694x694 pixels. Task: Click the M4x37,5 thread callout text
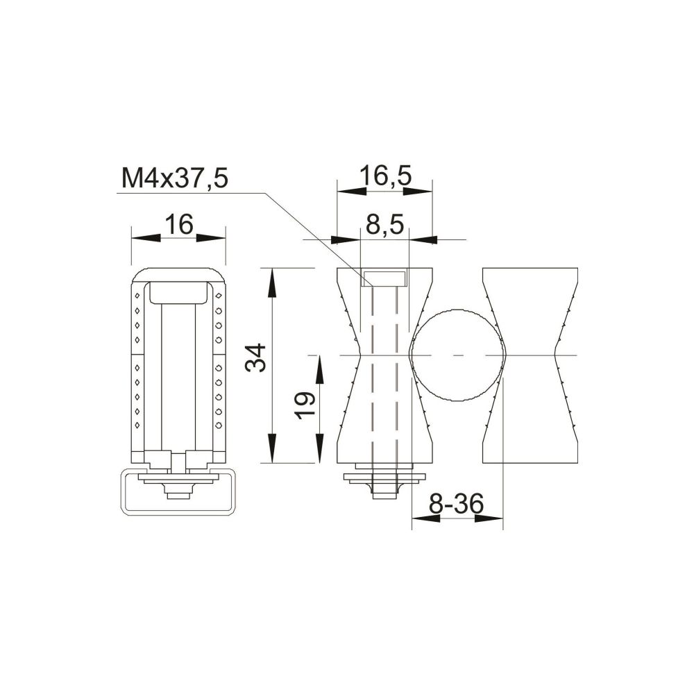tap(175, 178)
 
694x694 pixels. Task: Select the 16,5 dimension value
tap(385, 176)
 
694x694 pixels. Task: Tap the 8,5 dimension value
tap(384, 226)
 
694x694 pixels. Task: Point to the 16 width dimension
tap(179, 224)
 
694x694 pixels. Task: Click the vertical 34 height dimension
tap(256, 357)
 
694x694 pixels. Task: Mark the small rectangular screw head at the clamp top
tap(384, 278)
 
